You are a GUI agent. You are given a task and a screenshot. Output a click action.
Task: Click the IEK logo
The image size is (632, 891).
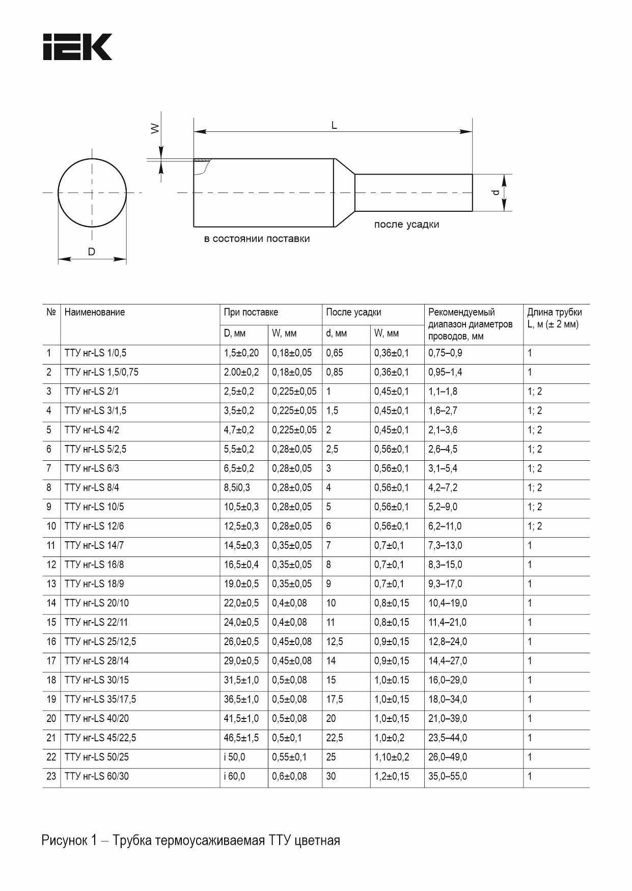(77, 47)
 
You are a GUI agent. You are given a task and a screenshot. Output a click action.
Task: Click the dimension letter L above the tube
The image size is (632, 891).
(334, 125)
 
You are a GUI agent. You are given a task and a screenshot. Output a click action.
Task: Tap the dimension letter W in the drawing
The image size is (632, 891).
(155, 129)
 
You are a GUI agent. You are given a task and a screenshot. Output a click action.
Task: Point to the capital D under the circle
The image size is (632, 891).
(92, 252)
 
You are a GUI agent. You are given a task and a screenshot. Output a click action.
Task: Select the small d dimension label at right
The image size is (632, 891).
(495, 192)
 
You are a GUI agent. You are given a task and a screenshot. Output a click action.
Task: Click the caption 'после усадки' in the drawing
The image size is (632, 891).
(406, 225)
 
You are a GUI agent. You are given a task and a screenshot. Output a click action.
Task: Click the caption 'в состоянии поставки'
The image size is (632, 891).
(257, 239)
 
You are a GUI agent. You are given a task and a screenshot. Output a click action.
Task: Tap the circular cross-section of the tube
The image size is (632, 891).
(92, 192)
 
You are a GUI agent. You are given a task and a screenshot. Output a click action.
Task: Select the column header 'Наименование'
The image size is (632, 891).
(95, 312)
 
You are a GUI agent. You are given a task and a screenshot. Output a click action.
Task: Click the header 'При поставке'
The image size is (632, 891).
(251, 312)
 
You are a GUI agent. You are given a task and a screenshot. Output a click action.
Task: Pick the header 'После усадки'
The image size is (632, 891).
(353, 312)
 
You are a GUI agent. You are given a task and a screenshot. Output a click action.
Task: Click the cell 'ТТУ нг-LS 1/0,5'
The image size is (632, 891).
(95, 353)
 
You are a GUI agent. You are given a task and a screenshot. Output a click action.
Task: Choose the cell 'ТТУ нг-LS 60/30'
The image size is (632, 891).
(97, 776)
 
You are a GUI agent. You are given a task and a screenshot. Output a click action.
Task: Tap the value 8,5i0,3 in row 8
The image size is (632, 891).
(237, 488)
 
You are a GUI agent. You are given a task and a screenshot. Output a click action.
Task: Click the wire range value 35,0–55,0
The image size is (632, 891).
(448, 776)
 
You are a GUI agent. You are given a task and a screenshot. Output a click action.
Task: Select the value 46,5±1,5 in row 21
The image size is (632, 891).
(241, 738)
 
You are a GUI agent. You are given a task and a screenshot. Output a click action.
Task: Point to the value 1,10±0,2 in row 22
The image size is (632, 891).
(392, 757)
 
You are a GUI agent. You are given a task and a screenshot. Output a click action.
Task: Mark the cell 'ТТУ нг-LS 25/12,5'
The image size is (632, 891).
(100, 642)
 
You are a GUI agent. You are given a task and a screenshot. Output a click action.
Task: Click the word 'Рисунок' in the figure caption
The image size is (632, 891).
(65, 840)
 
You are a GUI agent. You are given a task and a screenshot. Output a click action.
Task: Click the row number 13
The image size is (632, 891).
(51, 584)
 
